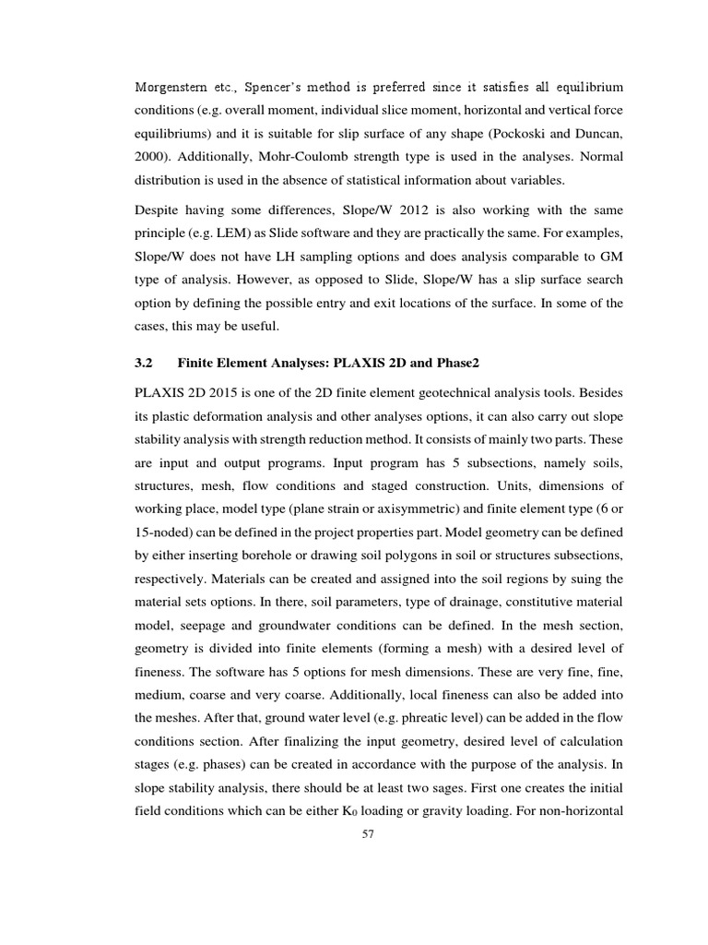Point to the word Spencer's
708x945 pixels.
276,88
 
